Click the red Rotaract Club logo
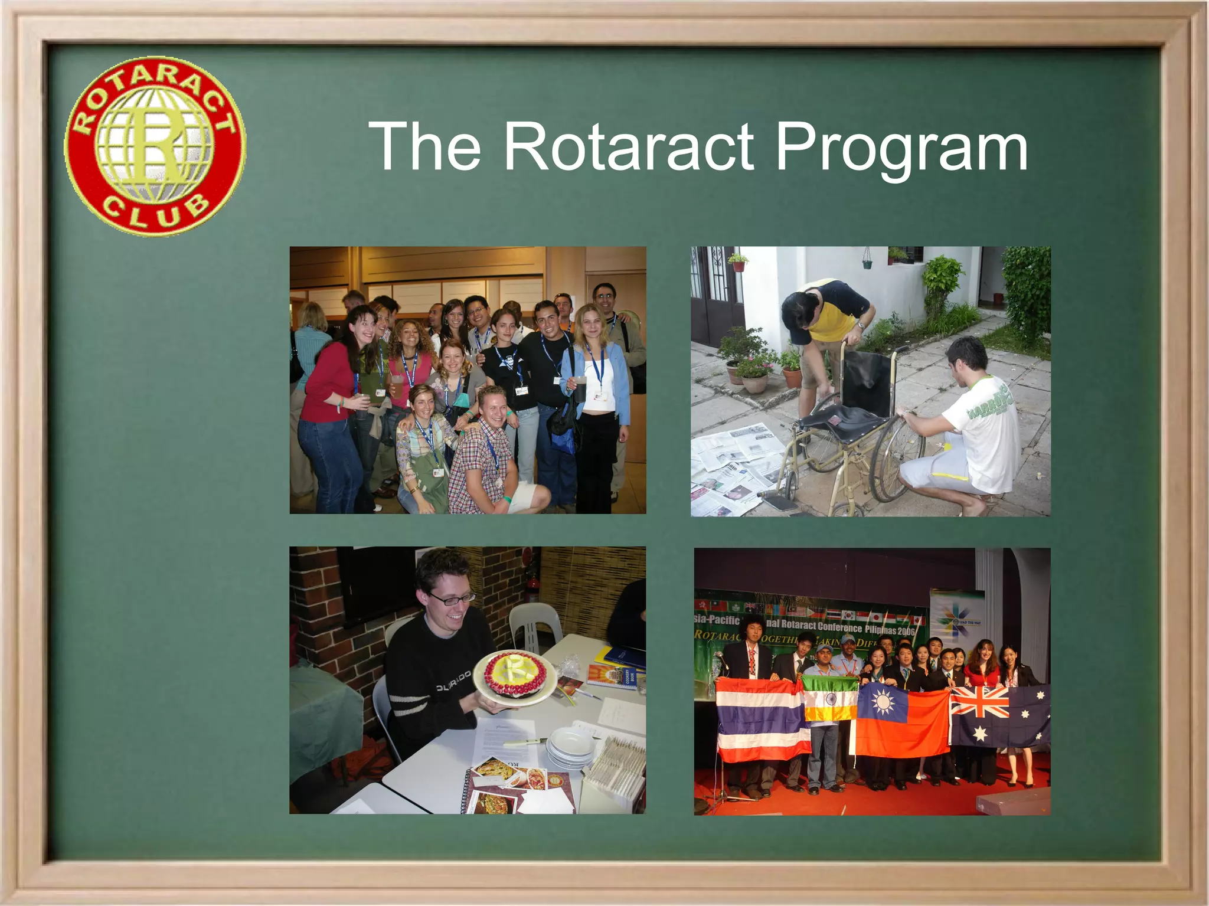coord(155,146)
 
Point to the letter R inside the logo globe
coord(155,145)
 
